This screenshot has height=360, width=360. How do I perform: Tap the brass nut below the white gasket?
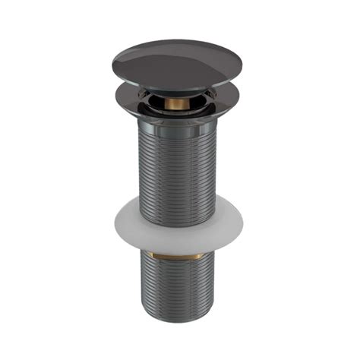tap(176, 253)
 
